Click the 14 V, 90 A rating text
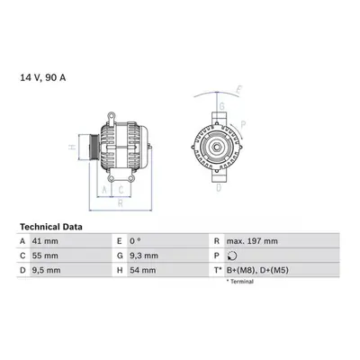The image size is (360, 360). (x=43, y=77)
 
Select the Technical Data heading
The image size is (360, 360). (x=51, y=227)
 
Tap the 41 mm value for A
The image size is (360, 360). (x=45, y=241)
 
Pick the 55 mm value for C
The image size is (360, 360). (x=45, y=256)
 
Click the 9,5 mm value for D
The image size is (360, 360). (x=46, y=270)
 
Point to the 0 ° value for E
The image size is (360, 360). (x=135, y=241)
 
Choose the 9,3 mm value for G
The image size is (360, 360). (x=144, y=256)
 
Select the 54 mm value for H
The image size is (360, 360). (x=143, y=270)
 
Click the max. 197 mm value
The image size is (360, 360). (x=252, y=241)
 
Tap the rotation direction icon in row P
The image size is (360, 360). (x=232, y=256)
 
